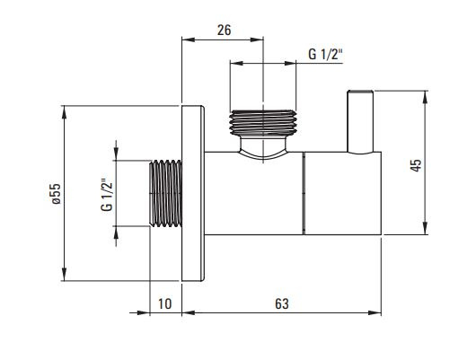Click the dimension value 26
tap(224, 30)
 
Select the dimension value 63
tap(282, 303)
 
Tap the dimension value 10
tap(165, 303)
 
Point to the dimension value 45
tap(416, 165)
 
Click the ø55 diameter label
tap(56, 193)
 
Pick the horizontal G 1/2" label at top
tap(325, 55)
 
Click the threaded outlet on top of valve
tap(263, 122)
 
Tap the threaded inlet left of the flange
tap(166, 193)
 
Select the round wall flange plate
tap(192, 193)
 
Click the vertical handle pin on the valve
tap(360, 122)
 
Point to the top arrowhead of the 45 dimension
tap(425, 97)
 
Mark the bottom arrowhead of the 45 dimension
tap(425, 228)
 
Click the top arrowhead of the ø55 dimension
tap(64, 112)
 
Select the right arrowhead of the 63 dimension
tap(375, 312)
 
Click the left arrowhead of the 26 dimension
tap(189, 40)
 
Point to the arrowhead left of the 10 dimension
tap(144, 312)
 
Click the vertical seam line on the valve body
tap(304, 193)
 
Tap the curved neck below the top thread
tap(263, 148)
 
